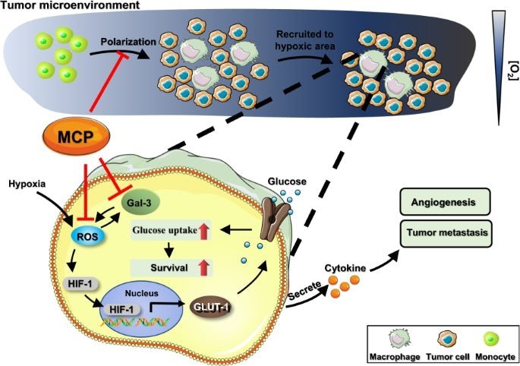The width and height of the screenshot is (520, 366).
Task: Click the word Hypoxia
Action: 27,185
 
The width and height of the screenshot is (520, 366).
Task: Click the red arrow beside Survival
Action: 203,267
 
